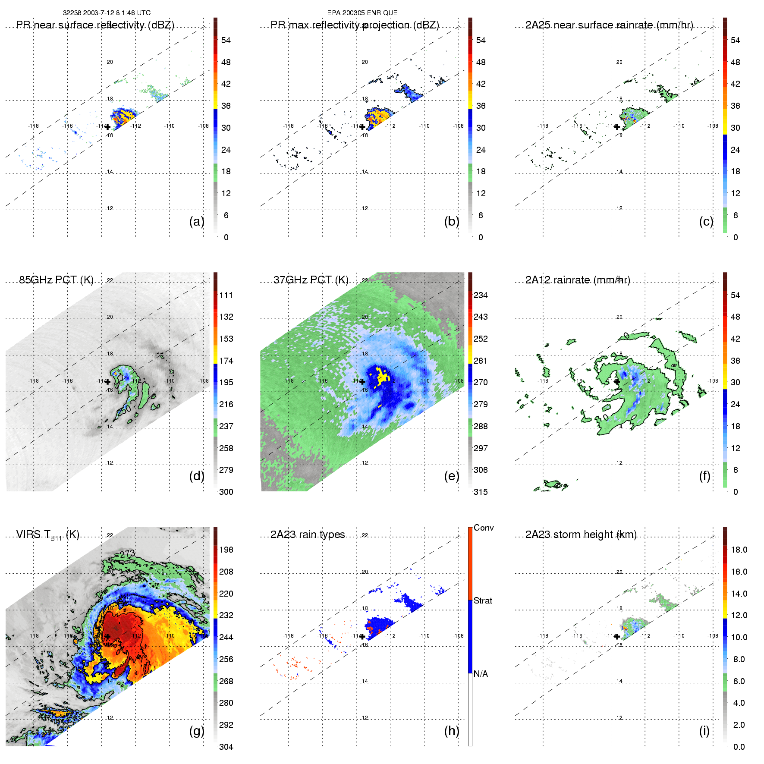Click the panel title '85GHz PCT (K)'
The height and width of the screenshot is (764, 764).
(56, 280)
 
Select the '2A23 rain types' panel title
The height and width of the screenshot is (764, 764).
(308, 534)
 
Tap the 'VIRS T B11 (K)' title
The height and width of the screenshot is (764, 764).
(47, 535)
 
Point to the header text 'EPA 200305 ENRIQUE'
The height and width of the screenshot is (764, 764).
(362, 13)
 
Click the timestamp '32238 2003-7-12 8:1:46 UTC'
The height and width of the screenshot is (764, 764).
(107, 13)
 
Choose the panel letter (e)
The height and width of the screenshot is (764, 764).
(451, 476)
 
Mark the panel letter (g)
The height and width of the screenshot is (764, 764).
(197, 731)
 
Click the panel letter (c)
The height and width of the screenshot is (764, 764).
(706, 221)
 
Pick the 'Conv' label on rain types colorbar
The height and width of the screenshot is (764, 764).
(484, 528)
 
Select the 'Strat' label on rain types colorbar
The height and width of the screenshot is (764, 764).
(483, 601)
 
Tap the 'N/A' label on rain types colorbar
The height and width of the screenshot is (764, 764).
(481, 674)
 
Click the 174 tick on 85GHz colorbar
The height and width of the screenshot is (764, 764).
(226, 361)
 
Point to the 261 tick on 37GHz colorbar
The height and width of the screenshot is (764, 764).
(481, 361)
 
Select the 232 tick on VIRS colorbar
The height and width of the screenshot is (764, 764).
(226, 615)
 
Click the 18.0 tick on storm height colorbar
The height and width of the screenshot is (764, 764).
(739, 550)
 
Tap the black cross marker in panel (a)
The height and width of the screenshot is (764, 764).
(107, 127)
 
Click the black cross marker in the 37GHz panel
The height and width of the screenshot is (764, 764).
(362, 381)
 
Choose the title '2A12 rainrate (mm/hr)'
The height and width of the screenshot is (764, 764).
(578, 280)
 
